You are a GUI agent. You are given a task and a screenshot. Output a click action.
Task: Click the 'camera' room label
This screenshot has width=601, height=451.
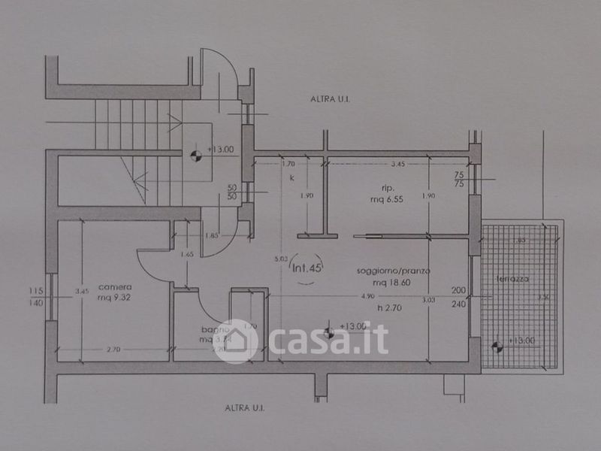tap(115, 286)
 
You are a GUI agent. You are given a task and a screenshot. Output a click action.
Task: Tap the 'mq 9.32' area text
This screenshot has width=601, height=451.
tap(115, 296)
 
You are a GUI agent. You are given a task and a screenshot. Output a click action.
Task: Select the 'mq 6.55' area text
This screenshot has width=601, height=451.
tap(388, 201)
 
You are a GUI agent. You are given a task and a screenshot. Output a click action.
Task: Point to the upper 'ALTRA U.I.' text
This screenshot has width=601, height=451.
tap(333, 98)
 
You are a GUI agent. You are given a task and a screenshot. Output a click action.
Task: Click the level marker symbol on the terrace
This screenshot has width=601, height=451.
tap(496, 347)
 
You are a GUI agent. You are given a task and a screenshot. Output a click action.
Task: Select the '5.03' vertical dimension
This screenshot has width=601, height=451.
tap(281, 259)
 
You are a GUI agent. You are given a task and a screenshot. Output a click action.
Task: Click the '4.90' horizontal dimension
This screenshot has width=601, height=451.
tap(367, 296)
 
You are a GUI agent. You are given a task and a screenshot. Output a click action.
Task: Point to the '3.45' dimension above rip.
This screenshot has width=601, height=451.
tap(397, 162)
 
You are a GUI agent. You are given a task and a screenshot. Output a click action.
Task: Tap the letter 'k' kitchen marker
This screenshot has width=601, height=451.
tap(291, 178)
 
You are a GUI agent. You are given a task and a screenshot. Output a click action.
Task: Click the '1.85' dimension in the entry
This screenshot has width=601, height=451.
tap(211, 236)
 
